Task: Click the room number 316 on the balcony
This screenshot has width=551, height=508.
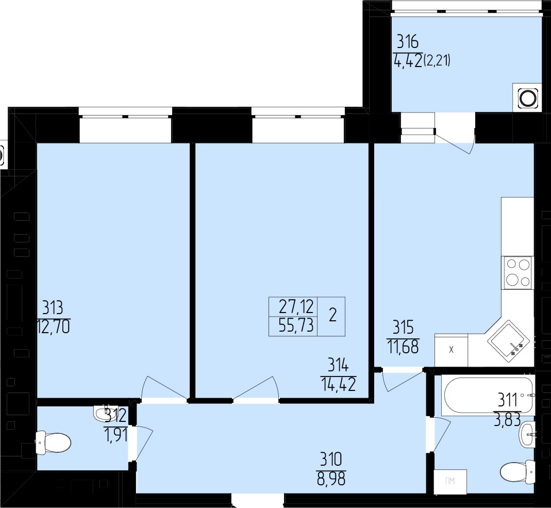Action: point(408,42)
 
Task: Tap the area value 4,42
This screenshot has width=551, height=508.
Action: point(408,61)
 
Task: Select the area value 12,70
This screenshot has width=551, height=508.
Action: point(53,326)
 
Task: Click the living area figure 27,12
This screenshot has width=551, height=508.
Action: point(296,307)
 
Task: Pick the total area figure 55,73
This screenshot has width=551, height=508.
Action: point(296,326)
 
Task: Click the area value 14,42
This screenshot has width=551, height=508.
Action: point(338,385)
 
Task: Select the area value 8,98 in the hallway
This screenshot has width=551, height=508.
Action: point(331,479)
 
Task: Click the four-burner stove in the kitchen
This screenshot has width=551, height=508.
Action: point(517,273)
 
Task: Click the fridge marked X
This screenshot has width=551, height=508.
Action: point(451,350)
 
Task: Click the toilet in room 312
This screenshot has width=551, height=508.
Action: point(53,441)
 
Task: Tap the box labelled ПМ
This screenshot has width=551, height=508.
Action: point(450,482)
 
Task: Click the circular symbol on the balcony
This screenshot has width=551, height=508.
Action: point(528,98)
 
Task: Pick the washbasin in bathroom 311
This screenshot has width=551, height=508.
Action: point(527,435)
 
